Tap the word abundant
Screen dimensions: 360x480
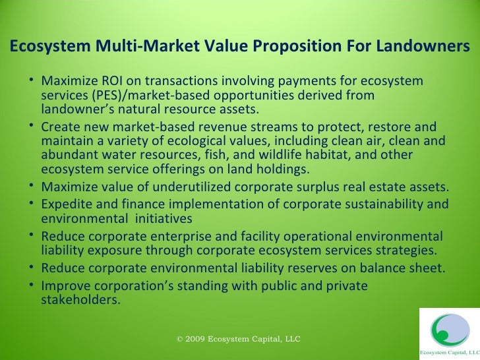click(69, 155)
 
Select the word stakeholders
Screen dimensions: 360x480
click(80, 299)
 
